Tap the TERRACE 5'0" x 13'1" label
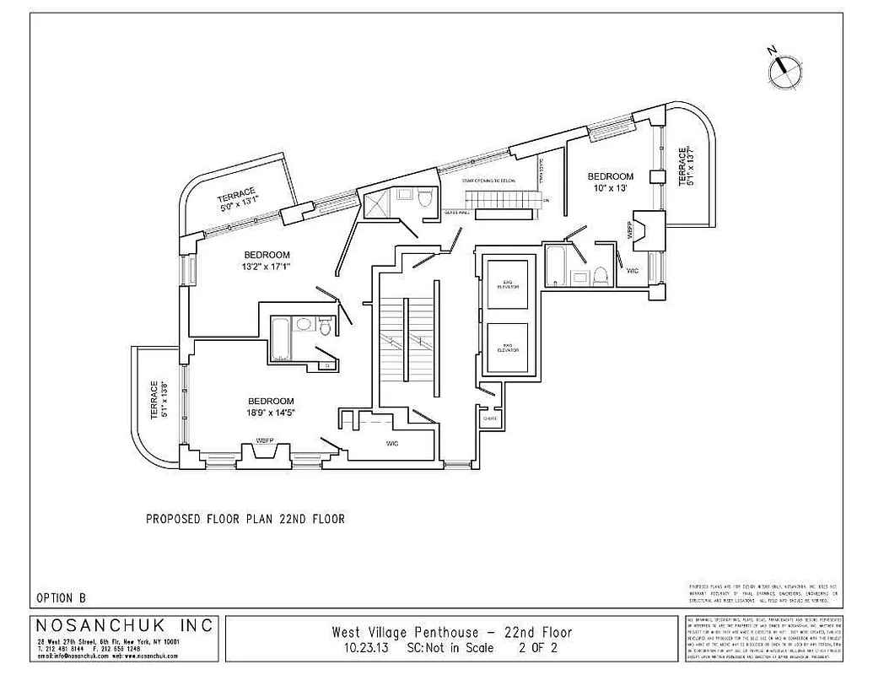pyautogui.click(x=240, y=198)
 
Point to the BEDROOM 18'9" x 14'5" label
pyautogui.click(x=271, y=407)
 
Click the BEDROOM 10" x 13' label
pyautogui.click(x=610, y=182)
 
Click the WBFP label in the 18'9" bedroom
pyautogui.click(x=267, y=440)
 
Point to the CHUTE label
pyautogui.click(x=488, y=418)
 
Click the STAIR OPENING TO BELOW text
pyautogui.click(x=489, y=181)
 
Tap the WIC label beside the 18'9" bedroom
pyautogui.click(x=392, y=443)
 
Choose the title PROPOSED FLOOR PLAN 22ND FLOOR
pyautogui.click(x=245, y=519)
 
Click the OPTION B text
pyautogui.click(x=61, y=597)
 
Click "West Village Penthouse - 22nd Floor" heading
pyautogui.click(x=452, y=632)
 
